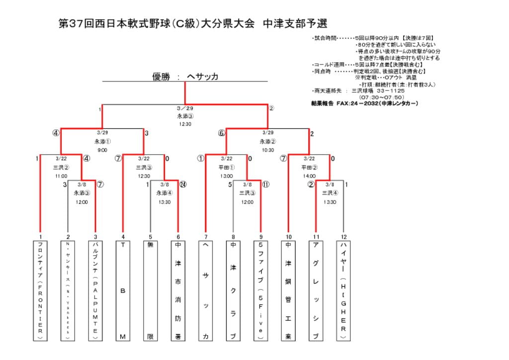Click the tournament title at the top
tap(193, 24)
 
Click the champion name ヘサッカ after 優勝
tap(202, 77)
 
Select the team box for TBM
tap(123, 290)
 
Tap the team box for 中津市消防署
tap(178, 290)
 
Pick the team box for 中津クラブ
tap(233, 290)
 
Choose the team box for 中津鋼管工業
tap(288, 290)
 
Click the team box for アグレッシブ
tap(315, 290)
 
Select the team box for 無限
tap(150, 290)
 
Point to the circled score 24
tap(183, 184)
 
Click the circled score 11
tap(265, 184)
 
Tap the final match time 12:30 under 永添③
tap(185, 124)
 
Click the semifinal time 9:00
tap(102, 150)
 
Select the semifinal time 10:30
tap(267, 150)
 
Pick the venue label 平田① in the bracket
tap(226, 168)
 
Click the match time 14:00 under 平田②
tap(309, 176)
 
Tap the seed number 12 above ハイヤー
tap(342, 237)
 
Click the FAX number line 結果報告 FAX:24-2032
tap(364, 103)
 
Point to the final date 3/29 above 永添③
tap(185, 108)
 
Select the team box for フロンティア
tap(40, 290)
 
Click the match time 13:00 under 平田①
tap(226, 176)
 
